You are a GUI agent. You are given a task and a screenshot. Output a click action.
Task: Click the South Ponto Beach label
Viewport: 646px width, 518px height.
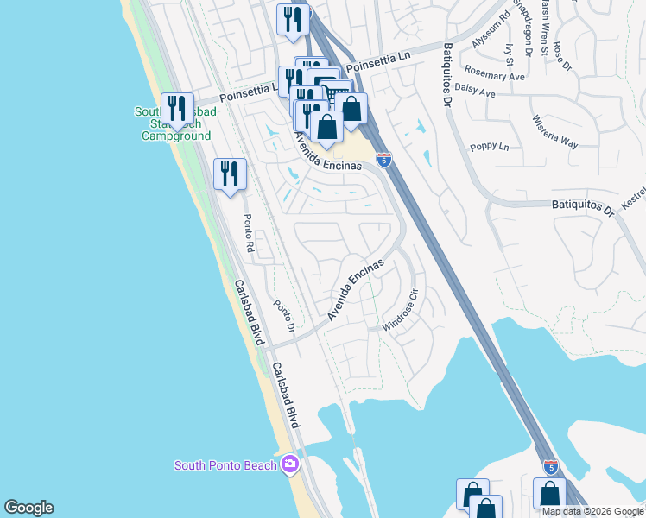225,465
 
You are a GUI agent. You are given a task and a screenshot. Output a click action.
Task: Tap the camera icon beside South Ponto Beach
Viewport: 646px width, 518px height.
289,465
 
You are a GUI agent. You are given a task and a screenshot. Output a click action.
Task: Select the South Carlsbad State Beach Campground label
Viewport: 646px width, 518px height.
175,124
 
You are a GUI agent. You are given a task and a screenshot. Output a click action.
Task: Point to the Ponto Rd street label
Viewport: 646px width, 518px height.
249,231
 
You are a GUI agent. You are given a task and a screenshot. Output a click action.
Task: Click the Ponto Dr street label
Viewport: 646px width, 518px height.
285,317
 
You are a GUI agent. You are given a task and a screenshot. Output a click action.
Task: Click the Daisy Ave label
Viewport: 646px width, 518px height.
474,91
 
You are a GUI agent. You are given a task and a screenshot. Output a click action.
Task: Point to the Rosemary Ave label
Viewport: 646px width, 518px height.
495,75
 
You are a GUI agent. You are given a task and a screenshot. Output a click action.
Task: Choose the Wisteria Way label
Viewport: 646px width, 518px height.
554,131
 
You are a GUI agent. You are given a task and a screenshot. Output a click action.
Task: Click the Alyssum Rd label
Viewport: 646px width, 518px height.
491,30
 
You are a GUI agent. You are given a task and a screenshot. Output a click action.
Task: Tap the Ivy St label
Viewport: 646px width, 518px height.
510,54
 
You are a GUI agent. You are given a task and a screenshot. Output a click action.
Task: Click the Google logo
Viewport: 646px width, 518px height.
28,508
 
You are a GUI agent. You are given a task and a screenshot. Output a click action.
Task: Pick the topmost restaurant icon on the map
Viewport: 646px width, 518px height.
293,19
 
